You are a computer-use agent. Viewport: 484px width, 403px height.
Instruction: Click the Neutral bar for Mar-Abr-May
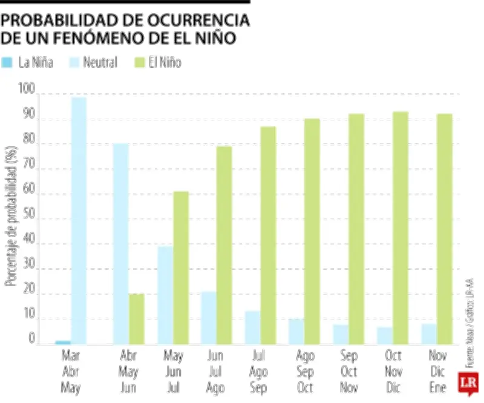pos(79,221)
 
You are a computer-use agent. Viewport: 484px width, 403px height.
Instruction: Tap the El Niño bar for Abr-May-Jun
pos(136,319)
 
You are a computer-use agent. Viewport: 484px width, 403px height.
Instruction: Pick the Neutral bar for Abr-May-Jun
pos(120,243)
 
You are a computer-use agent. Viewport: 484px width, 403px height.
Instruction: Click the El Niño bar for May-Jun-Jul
pos(181,267)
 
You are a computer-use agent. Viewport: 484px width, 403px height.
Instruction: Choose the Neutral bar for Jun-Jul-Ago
pos(209,318)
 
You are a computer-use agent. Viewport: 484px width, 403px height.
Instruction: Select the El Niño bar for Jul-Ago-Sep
pos(268,235)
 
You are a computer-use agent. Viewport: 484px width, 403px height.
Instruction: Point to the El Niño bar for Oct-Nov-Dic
pos(401,228)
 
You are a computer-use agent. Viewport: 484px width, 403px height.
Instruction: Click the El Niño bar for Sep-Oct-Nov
pos(356,229)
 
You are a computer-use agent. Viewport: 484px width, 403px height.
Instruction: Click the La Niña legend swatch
pos(7,62)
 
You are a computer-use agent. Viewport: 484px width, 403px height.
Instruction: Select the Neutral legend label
pos(100,62)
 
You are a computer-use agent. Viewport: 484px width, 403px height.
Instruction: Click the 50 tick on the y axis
pos(30,218)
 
